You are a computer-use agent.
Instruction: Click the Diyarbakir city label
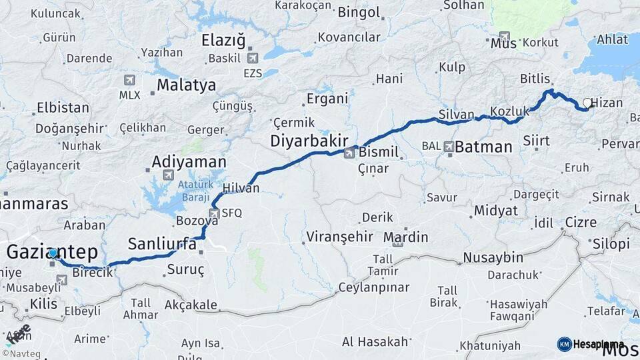(x=309, y=141)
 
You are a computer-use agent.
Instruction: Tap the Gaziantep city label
(x=52, y=252)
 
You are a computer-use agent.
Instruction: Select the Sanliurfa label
(x=162, y=243)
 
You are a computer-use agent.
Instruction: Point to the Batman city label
(x=483, y=147)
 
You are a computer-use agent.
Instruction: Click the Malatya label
(x=187, y=85)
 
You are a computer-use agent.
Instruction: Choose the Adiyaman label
(x=189, y=161)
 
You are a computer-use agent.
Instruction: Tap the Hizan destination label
(x=607, y=103)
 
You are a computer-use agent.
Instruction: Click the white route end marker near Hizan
(x=587, y=103)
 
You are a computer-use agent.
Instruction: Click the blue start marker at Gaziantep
(x=53, y=253)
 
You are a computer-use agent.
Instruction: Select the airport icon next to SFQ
(x=214, y=213)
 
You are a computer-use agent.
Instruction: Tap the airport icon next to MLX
(x=129, y=80)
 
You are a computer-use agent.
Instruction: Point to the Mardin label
(x=405, y=237)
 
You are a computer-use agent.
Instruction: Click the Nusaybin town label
(x=493, y=257)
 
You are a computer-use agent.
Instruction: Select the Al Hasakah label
(x=375, y=341)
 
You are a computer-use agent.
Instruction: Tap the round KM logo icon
(x=564, y=344)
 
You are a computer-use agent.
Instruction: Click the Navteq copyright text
(x=21, y=353)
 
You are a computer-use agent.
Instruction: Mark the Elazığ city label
(x=223, y=41)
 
